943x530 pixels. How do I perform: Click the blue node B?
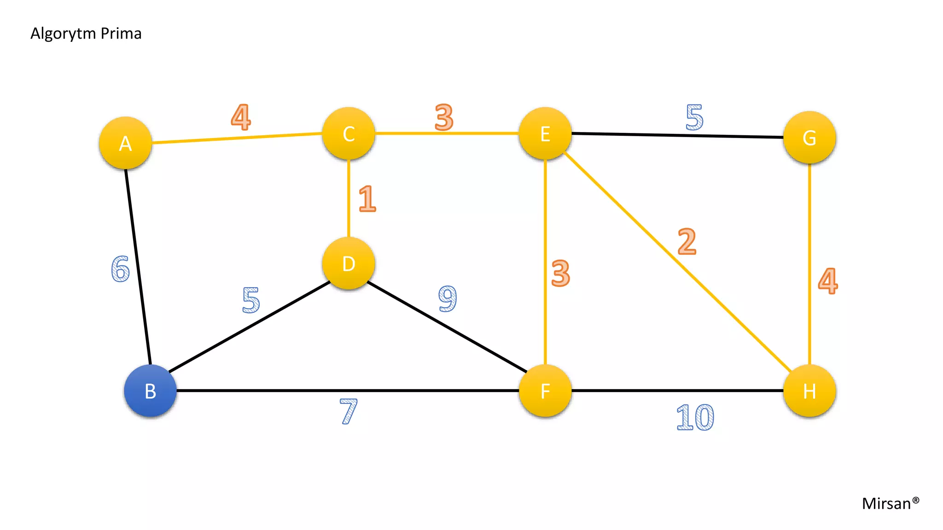pyautogui.click(x=150, y=391)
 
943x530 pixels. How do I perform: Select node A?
pyautogui.click(x=125, y=143)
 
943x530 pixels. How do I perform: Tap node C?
pyautogui.click(x=349, y=133)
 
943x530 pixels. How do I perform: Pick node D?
pyautogui.click(x=349, y=264)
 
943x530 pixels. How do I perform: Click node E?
pyautogui.click(x=545, y=133)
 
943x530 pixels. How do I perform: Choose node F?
pyautogui.click(x=545, y=391)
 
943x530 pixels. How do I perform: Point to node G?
pyautogui.click(x=809, y=137)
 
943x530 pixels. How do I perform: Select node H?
pyautogui.click(x=809, y=391)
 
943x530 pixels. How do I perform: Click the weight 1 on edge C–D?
pyautogui.click(x=367, y=199)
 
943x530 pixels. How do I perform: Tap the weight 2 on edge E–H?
pyautogui.click(x=687, y=241)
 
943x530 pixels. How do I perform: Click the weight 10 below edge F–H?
pyautogui.click(x=695, y=417)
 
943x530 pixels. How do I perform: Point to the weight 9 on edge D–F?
pyautogui.click(x=448, y=298)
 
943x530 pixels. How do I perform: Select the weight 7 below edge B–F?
pyautogui.click(x=349, y=411)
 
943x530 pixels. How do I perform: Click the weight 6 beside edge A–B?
pyautogui.click(x=121, y=268)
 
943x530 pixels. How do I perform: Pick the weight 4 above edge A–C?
pyautogui.click(x=241, y=117)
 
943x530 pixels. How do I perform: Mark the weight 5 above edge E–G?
pyautogui.click(x=694, y=117)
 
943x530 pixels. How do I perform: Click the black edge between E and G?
pyautogui.click(x=677, y=135)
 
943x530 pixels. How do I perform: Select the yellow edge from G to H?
pyautogui.click(x=809, y=264)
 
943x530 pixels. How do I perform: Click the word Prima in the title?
pyautogui.click(x=121, y=34)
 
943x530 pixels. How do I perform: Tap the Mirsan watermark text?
pyautogui.click(x=891, y=503)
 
